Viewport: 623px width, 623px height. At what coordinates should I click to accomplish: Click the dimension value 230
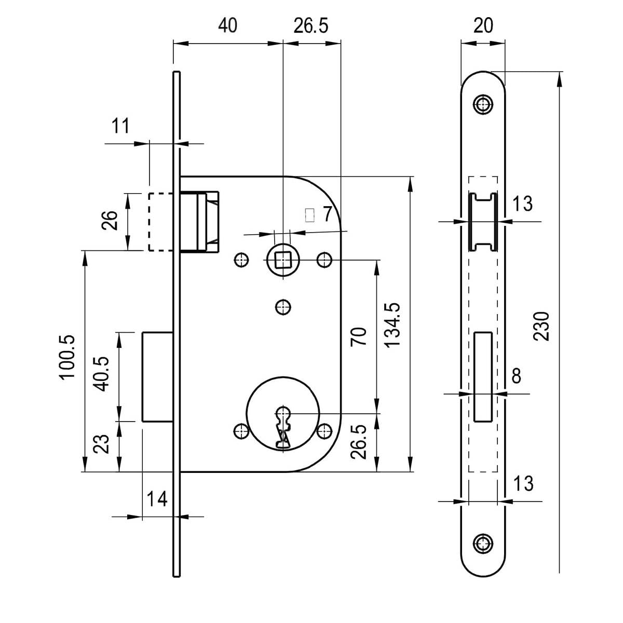click(x=541, y=326)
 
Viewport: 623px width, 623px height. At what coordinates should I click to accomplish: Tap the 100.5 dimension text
click(x=68, y=358)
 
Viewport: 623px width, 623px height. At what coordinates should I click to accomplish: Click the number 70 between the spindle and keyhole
click(x=359, y=336)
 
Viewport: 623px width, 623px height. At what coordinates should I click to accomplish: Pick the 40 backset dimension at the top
click(x=227, y=25)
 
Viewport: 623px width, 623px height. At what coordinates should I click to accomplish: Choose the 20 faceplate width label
click(x=483, y=25)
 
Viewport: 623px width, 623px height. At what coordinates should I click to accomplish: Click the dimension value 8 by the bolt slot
click(x=516, y=376)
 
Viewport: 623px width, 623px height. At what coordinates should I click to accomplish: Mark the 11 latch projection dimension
click(x=120, y=126)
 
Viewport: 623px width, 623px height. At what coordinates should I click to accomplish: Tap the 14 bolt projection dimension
click(x=156, y=499)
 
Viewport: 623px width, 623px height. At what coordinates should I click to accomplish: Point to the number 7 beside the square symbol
click(x=326, y=214)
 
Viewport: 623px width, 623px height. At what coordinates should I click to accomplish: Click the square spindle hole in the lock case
click(x=282, y=259)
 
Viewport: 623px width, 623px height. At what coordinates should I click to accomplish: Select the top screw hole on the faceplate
click(x=483, y=104)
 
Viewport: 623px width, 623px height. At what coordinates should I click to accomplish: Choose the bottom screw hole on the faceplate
click(x=483, y=544)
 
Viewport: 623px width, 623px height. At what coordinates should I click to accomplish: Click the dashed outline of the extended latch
click(x=160, y=222)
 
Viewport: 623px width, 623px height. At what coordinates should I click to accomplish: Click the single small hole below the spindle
click(x=282, y=307)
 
